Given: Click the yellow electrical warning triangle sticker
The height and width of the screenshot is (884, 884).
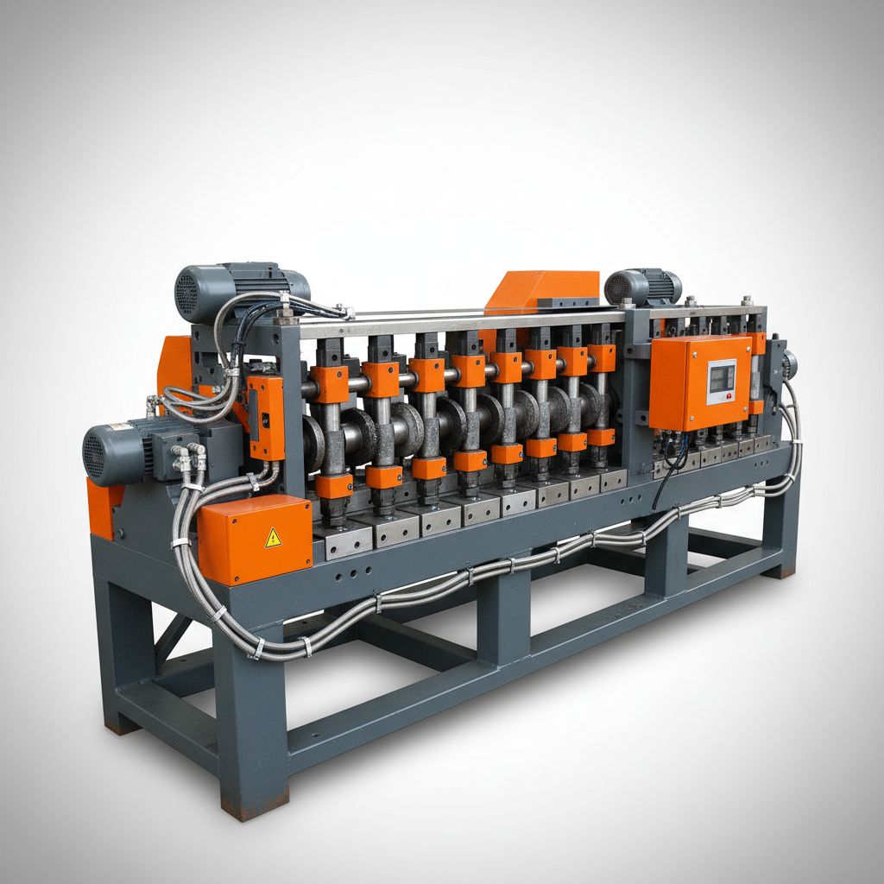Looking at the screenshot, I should point(273,538).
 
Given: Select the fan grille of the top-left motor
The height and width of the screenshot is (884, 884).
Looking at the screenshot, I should point(187,294).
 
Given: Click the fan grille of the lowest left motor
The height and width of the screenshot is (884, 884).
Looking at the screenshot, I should point(94,454).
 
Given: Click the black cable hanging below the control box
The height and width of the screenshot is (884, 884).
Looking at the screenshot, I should point(660,483).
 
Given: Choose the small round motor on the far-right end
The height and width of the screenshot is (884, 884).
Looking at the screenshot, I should point(788,364).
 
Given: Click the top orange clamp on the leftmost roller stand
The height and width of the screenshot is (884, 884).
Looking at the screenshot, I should point(330,384).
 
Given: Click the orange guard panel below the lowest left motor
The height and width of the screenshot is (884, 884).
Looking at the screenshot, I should point(102,507).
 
